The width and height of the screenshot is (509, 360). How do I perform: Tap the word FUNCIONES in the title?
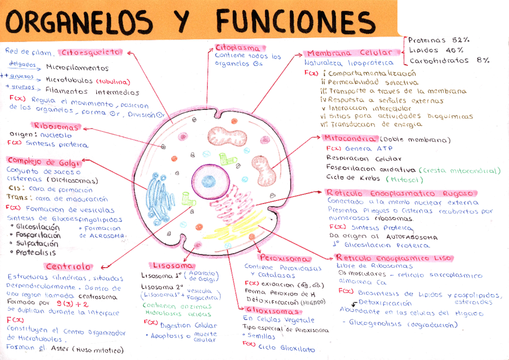point(293,21)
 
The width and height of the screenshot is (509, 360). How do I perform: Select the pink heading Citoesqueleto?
point(91,53)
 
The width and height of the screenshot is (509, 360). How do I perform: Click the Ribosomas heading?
point(56,126)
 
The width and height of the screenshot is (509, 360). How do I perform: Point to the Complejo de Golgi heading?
point(43,162)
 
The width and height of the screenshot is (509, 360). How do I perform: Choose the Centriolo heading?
point(68,267)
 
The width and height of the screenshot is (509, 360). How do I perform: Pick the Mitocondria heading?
point(350,139)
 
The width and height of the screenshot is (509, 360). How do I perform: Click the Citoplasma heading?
point(240,48)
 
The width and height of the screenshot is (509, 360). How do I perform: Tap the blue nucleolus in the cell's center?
point(209,181)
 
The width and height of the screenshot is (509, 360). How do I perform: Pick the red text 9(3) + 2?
point(73,303)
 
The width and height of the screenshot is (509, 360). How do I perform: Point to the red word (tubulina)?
point(113,81)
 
